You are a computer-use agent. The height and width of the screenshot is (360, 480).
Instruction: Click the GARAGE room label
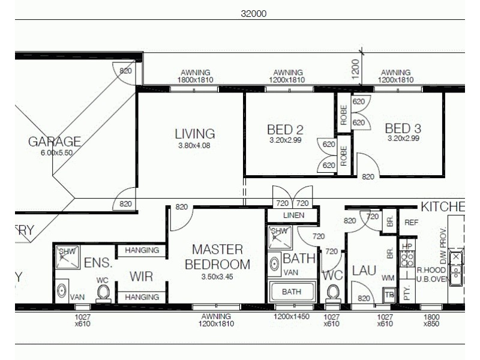coord(55,142)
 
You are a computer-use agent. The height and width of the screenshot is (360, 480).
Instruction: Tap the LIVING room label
coord(194,134)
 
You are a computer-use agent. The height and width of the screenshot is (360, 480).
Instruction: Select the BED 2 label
coord(285,130)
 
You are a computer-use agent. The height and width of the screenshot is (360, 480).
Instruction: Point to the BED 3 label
coord(403,129)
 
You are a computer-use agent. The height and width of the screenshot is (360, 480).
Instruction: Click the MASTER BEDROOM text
coord(217,257)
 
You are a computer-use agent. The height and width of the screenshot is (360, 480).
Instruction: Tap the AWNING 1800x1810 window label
coord(194,76)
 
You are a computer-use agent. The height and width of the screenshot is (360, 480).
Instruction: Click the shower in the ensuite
coord(67,257)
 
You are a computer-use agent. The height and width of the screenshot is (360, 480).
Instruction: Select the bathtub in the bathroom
coord(292,292)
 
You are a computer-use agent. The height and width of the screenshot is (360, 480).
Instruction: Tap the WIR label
coord(142,277)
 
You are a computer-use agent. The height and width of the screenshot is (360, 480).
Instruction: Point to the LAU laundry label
coord(364,271)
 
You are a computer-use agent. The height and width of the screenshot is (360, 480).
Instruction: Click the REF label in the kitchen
coord(411,222)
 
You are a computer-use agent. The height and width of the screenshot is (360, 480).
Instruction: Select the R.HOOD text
coord(430,271)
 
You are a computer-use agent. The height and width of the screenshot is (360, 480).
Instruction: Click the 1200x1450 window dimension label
coord(292,316)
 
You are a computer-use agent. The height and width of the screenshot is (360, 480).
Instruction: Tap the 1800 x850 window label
coord(431,320)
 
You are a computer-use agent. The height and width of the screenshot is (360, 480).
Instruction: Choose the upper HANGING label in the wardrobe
coord(142,250)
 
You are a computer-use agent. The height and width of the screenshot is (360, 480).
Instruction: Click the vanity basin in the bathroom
coord(275,265)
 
